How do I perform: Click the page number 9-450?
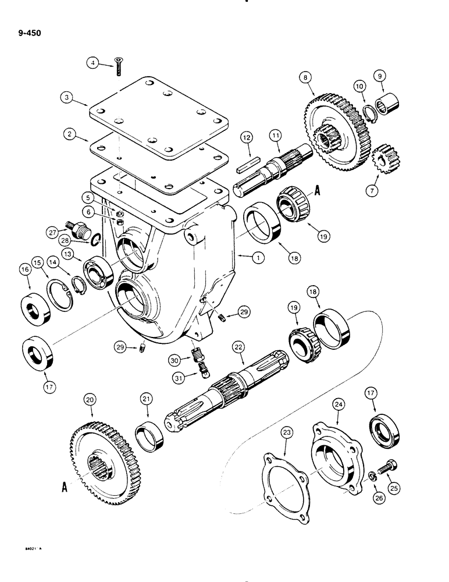coord(27,41)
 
